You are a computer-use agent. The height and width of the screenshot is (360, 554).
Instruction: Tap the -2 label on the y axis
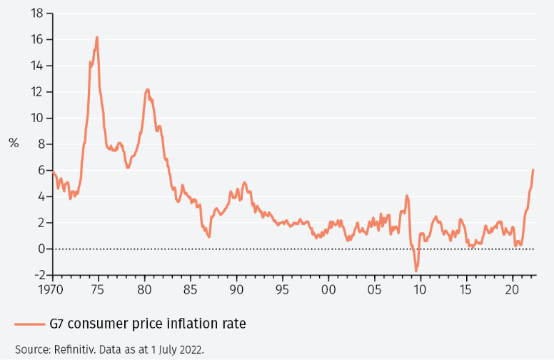pyautogui.click(x=37, y=275)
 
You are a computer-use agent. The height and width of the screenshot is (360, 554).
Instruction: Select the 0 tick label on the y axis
pyautogui.click(x=40, y=249)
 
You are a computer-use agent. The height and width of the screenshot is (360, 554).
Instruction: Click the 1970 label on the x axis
pyautogui.click(x=54, y=290)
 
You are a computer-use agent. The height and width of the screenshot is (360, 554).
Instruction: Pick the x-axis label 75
pyautogui.click(x=99, y=290)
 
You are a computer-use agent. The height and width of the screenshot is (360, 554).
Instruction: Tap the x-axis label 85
pyautogui.click(x=191, y=290)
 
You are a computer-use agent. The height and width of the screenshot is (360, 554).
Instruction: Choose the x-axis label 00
pyautogui.click(x=328, y=290)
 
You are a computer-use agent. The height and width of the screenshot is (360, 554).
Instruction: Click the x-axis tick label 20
pyautogui.click(x=512, y=290)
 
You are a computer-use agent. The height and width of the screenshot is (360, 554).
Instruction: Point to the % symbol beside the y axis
pyautogui.click(x=14, y=143)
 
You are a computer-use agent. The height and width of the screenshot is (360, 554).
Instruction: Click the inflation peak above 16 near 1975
pyautogui.click(x=96, y=37)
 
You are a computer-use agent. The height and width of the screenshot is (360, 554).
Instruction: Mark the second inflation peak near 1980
pyautogui.click(x=147, y=89)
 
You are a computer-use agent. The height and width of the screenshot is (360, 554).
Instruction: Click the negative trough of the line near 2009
pyautogui.click(x=415, y=271)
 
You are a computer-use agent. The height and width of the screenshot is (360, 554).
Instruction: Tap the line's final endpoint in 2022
pyautogui.click(x=533, y=170)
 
